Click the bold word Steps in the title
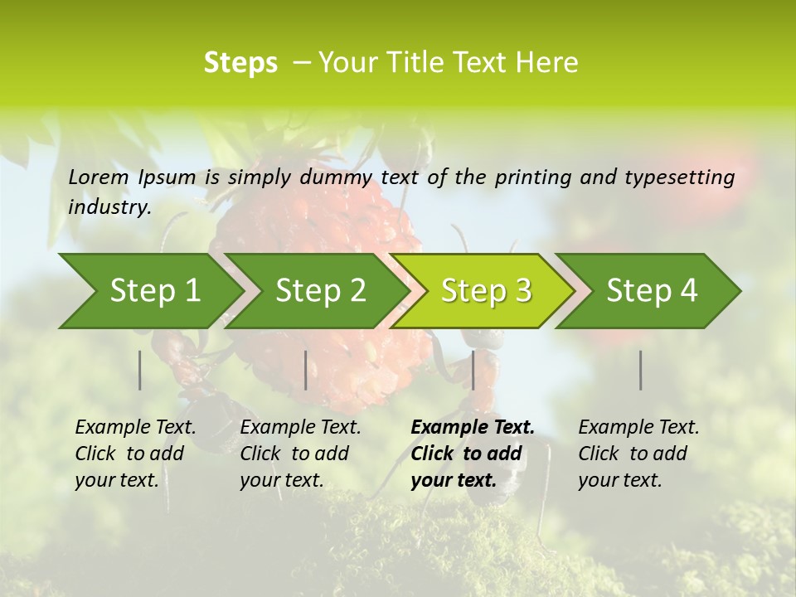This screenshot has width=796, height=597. point(240,63)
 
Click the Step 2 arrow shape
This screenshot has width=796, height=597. point(319,291)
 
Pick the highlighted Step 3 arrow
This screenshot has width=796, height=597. point(485,291)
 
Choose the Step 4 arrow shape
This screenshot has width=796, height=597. point(651,291)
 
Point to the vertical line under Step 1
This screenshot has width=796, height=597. point(140,370)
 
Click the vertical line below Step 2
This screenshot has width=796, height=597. point(306,370)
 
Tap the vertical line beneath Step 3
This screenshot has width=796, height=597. point(473,370)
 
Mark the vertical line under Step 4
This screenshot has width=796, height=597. point(641,370)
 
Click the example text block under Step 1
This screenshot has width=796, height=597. point(135,454)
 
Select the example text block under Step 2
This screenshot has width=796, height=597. point(300,454)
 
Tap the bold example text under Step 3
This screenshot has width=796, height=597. point(472,454)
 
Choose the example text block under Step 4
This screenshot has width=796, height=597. point(638,454)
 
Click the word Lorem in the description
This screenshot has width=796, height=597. point(98,177)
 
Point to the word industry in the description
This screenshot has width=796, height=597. point(109,207)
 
